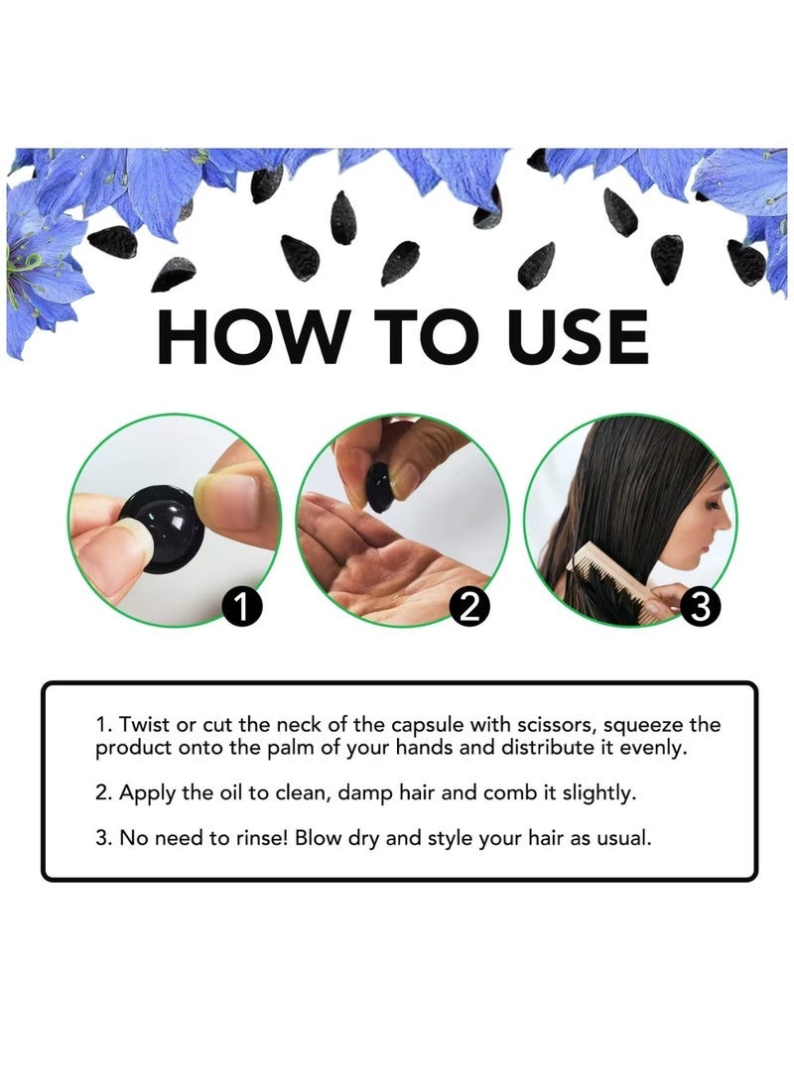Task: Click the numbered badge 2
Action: click(468, 607)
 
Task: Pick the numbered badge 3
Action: click(700, 607)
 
